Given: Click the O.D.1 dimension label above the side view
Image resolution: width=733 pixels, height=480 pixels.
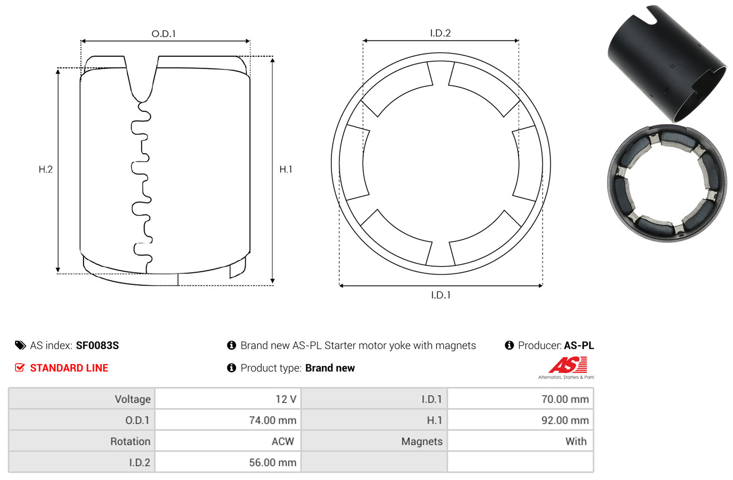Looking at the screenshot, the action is (x=164, y=34).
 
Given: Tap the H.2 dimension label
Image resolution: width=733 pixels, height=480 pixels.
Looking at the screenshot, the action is (x=46, y=169).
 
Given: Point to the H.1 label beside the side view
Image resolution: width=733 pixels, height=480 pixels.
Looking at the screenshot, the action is (x=286, y=169).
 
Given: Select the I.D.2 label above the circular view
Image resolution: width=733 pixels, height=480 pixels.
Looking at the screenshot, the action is (x=440, y=33).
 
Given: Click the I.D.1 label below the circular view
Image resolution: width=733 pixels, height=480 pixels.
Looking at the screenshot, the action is (x=441, y=295).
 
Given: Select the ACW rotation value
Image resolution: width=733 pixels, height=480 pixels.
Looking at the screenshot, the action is (x=283, y=442).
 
